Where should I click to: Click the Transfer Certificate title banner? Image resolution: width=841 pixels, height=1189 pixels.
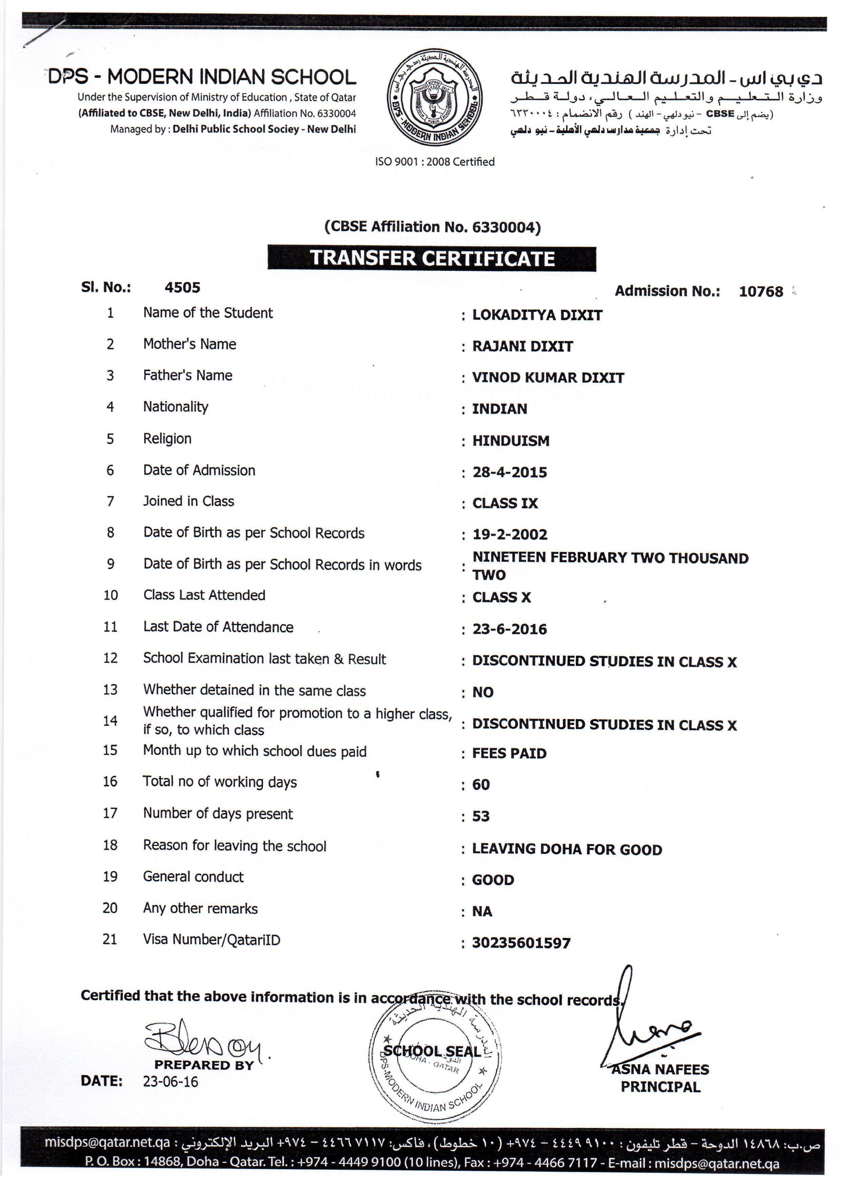coord(432,258)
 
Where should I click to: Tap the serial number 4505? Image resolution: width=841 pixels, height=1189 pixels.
coord(182,288)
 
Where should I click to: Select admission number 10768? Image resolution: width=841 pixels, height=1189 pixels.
coord(760,292)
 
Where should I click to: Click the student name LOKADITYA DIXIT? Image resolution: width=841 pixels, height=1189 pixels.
coord(537,315)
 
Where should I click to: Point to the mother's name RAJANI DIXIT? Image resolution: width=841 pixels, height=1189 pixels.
coord(522,346)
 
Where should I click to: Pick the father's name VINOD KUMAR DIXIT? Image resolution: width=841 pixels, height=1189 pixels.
coord(548,378)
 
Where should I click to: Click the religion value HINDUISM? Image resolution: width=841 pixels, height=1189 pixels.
coord(510,441)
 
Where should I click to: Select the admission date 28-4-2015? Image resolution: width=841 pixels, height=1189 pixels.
coord(509,472)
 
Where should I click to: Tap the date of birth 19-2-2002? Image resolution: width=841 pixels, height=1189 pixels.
coord(509,534)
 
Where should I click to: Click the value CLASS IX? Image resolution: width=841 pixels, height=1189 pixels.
coord(505,503)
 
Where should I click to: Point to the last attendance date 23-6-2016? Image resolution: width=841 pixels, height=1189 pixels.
coord(509,629)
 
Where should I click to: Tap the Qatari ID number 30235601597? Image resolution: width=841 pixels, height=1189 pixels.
coord(521,943)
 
